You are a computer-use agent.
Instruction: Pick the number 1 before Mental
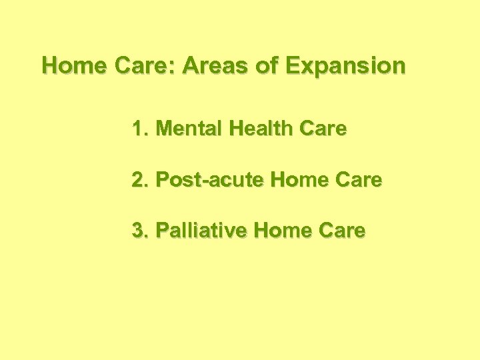click(138, 129)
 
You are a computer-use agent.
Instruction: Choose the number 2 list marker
click(138, 180)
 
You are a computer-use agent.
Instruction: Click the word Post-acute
click(202, 180)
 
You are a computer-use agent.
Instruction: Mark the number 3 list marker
click(138, 231)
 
